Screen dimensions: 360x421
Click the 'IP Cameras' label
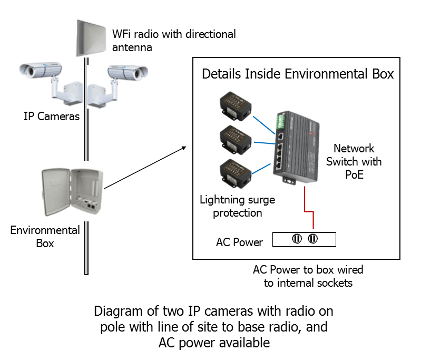(x=52, y=116)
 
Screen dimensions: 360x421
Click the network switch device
(x=295, y=148)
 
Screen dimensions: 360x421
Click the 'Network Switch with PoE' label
(x=354, y=161)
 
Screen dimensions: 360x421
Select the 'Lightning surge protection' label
(x=237, y=206)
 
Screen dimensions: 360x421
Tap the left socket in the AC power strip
(x=297, y=240)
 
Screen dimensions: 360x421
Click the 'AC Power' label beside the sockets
(x=239, y=242)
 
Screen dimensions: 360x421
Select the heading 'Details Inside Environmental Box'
(x=298, y=74)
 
